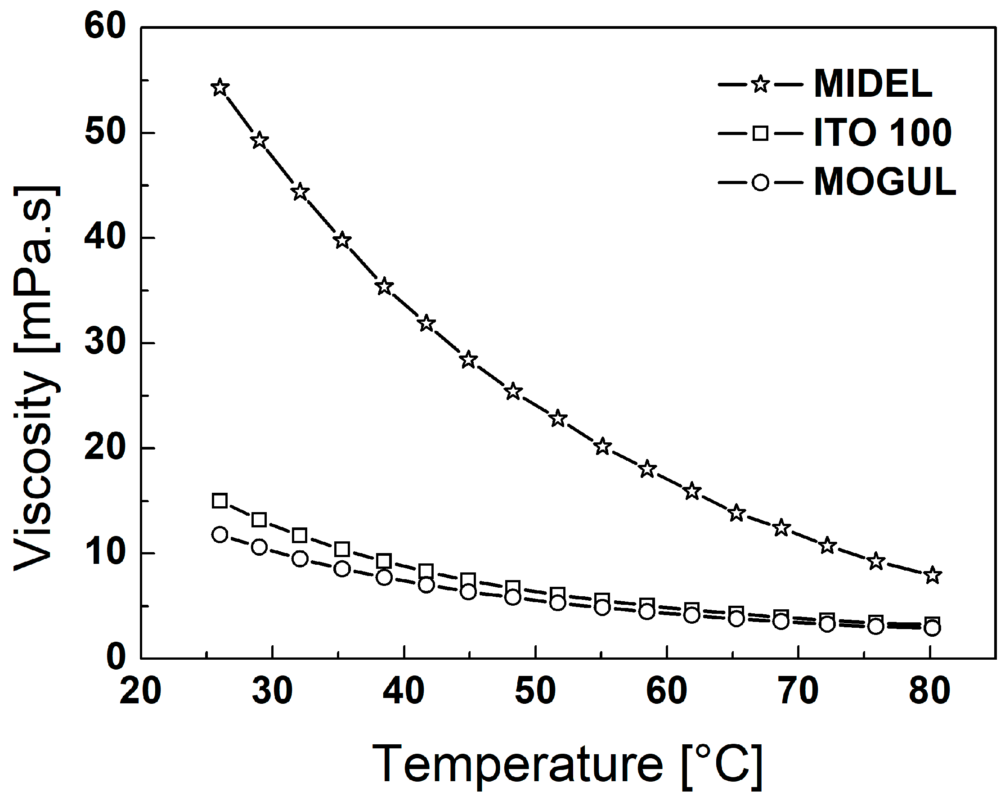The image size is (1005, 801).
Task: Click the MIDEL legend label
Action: point(873,84)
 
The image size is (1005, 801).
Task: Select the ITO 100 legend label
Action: point(882,133)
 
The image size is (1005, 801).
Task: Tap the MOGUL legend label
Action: point(885,182)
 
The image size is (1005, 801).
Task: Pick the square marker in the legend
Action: point(760,133)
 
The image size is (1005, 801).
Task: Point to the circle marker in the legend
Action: point(760,182)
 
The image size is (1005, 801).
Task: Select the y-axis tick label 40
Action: point(105,237)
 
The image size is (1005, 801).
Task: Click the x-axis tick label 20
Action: point(140,691)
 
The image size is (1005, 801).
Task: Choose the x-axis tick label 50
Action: point(535,691)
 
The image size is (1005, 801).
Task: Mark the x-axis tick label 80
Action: point(929,691)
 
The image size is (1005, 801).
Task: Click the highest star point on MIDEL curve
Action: point(220,88)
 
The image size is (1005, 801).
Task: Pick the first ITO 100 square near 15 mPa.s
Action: point(220,501)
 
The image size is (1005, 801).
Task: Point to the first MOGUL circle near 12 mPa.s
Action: point(220,534)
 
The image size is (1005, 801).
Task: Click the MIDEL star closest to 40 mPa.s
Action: point(342,240)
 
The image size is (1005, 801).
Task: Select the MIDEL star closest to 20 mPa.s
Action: point(602,447)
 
